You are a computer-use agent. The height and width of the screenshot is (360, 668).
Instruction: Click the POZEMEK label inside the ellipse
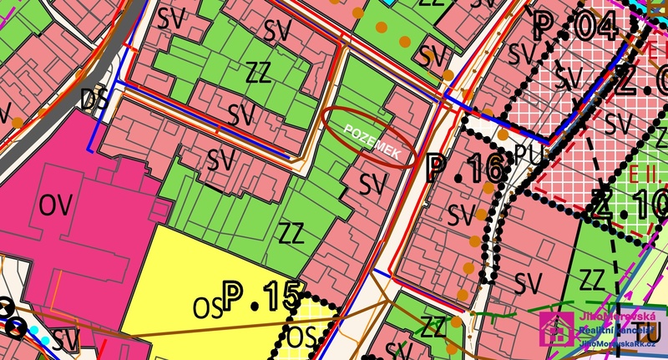[371, 139]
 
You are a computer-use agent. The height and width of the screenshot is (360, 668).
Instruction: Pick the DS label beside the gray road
[94, 99]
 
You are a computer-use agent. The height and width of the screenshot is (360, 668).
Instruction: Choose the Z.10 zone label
[628, 201]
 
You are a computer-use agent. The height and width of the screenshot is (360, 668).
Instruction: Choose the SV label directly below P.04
[569, 78]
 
